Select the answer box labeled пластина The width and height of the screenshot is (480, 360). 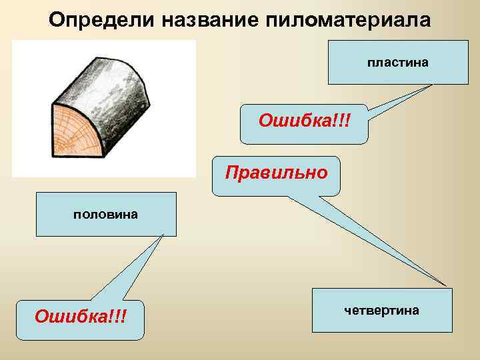[397, 62]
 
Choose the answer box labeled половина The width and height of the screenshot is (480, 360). [106, 214]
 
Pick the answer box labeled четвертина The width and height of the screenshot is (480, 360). [381, 310]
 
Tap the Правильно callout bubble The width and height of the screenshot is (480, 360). [276, 175]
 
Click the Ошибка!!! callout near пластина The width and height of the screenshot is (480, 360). [304, 123]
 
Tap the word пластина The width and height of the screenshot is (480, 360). [397, 62]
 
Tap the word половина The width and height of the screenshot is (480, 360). [106, 214]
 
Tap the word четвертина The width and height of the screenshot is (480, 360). [381, 310]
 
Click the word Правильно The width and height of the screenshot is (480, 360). [276, 173]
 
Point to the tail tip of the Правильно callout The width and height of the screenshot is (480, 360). [445, 285]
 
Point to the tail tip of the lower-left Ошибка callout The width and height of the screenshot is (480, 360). [163, 235]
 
